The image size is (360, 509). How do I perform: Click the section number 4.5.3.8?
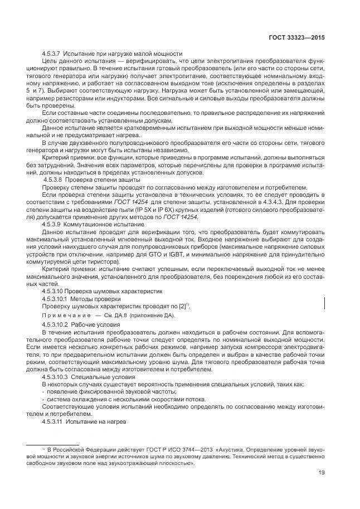pos(54,181)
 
